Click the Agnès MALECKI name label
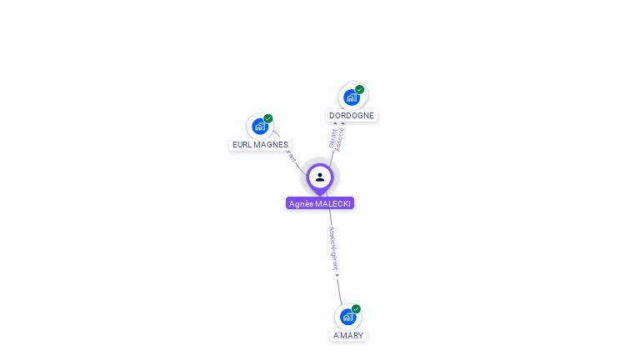click(x=319, y=203)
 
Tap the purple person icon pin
click(x=320, y=177)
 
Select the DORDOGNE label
click(x=352, y=116)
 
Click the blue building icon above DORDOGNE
click(x=351, y=97)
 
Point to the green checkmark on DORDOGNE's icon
click(x=360, y=89)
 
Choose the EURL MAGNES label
click(x=260, y=144)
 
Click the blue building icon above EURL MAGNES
click(x=259, y=127)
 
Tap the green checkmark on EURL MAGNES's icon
click(x=268, y=118)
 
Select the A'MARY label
click(x=348, y=335)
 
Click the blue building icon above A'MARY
click(x=347, y=317)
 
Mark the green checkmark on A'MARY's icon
click(x=357, y=308)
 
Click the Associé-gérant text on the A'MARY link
click(x=333, y=248)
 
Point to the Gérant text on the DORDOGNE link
click(x=333, y=137)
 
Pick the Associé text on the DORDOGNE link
click(x=341, y=138)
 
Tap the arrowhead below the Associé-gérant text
click(x=337, y=275)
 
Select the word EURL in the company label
click(x=242, y=144)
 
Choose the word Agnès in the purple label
click(x=301, y=203)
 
